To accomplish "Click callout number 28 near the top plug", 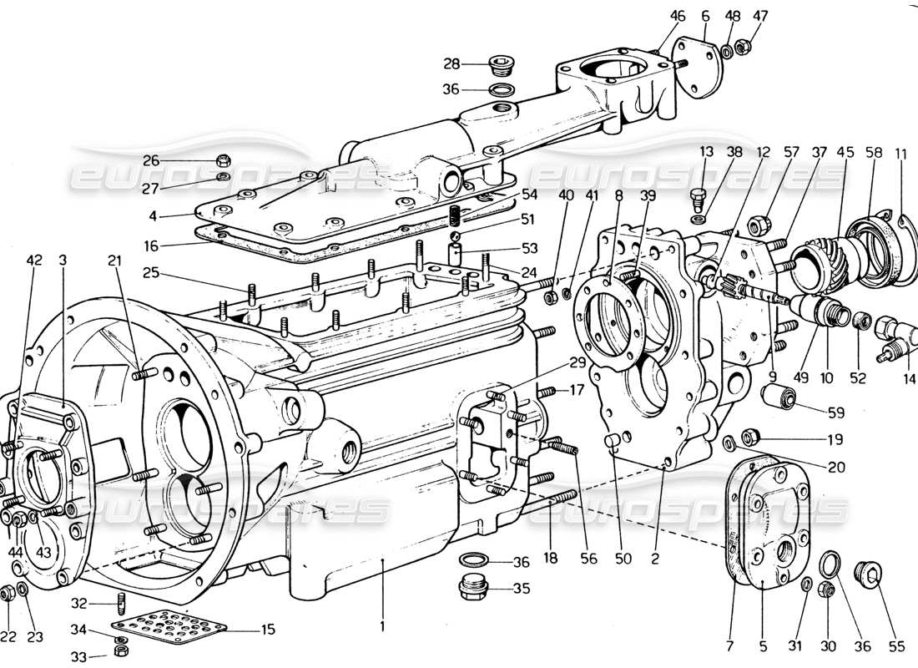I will click(x=451, y=63).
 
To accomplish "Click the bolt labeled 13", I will click(x=699, y=197).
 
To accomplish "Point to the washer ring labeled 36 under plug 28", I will click(x=501, y=90).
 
